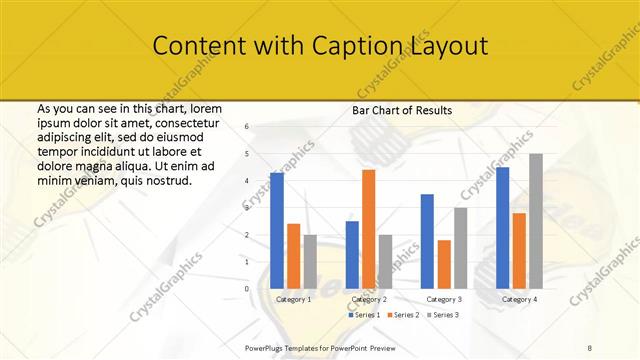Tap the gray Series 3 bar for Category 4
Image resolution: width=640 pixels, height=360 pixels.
[x=536, y=221]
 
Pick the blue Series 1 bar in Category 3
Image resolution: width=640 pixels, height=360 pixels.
[x=427, y=241]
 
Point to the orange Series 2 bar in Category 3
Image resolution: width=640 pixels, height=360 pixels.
[x=444, y=264]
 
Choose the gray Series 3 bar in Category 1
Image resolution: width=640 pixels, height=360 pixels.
[x=310, y=261]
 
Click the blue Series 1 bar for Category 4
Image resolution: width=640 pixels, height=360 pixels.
[x=502, y=227]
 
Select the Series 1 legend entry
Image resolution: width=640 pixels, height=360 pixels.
[x=364, y=315]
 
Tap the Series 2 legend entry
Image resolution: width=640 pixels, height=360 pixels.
[x=402, y=315]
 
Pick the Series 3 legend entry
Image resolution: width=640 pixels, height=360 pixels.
[x=441, y=315]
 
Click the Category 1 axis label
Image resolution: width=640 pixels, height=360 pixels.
[x=293, y=299]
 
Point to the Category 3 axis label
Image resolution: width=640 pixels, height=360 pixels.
[x=444, y=299]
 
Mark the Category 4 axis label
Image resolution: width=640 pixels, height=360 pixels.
[x=519, y=299]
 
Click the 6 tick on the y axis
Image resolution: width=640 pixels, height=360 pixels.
[x=247, y=127]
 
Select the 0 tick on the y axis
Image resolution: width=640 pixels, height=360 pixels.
[x=247, y=289]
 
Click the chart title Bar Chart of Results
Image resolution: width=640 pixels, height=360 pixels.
[x=402, y=110]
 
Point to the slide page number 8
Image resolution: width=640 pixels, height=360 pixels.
[x=590, y=347]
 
